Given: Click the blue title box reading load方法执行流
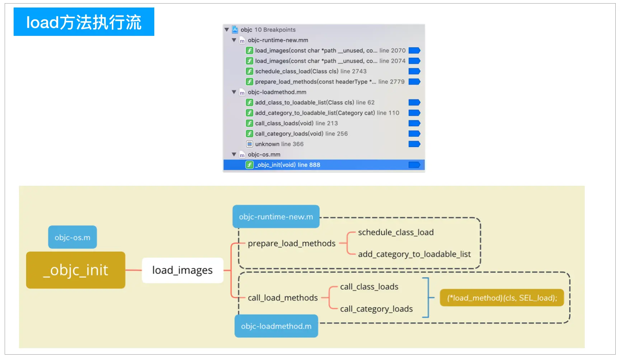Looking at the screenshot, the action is [x=84, y=22].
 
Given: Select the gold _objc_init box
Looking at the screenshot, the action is [x=76, y=270].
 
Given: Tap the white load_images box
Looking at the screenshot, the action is [x=182, y=270].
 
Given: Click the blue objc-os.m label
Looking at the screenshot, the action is [x=72, y=237].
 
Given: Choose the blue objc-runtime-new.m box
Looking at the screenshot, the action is [x=276, y=217].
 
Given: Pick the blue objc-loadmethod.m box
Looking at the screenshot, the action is [x=276, y=326].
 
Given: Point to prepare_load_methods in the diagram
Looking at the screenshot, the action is [x=292, y=243].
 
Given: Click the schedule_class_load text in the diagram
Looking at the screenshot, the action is [x=396, y=232].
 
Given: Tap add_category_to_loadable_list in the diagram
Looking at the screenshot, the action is [x=414, y=254].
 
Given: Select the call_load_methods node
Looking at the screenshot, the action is [x=283, y=298].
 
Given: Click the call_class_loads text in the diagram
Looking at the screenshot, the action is [x=369, y=287].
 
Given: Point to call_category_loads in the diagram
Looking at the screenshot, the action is [x=376, y=309].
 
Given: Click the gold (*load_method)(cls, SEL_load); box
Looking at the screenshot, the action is [x=502, y=298].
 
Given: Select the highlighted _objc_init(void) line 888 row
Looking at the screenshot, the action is [x=324, y=165].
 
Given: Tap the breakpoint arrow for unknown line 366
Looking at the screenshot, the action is [x=414, y=144].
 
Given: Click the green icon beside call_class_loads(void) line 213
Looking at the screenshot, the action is [x=249, y=123].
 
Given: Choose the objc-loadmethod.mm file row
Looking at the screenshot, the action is [x=277, y=92].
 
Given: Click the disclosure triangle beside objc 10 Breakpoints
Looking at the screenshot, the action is [x=227, y=30].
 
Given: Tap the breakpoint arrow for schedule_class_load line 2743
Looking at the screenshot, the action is [x=414, y=71].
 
